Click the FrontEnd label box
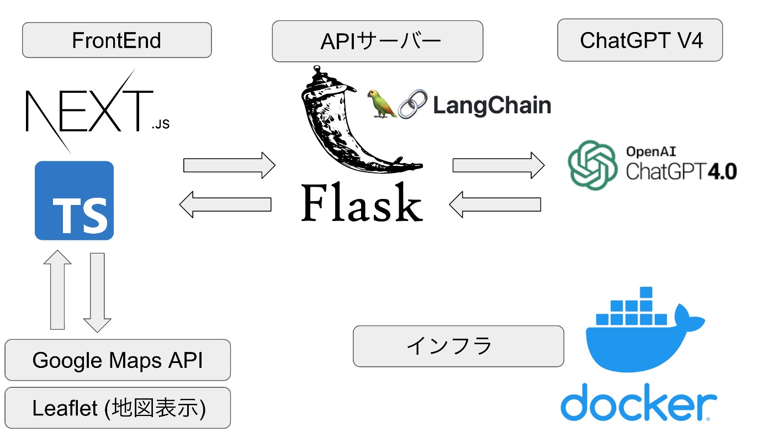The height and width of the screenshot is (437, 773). point(117,40)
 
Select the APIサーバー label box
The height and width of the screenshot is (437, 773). point(377,41)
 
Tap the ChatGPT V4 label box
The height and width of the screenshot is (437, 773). point(640,40)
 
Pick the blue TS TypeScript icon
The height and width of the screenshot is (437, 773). point(74,201)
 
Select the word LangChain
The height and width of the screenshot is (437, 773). point(491,105)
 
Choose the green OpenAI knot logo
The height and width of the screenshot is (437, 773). point(592,164)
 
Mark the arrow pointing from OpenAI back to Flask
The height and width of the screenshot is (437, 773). point(495,204)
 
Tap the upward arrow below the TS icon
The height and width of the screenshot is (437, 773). point(57,290)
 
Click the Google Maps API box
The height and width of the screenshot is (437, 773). point(118,360)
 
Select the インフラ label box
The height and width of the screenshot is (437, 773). point(458,346)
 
